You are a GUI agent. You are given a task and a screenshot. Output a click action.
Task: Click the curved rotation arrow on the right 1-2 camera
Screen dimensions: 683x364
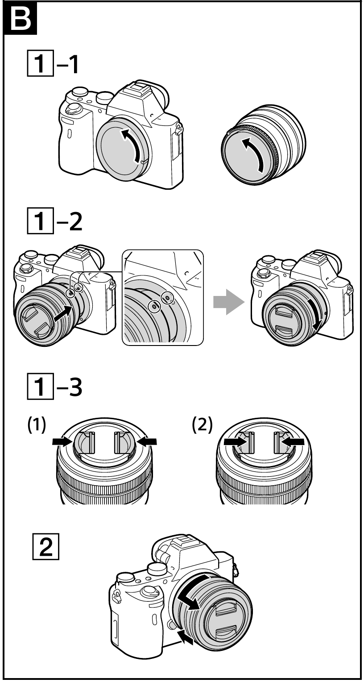click(317, 321)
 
